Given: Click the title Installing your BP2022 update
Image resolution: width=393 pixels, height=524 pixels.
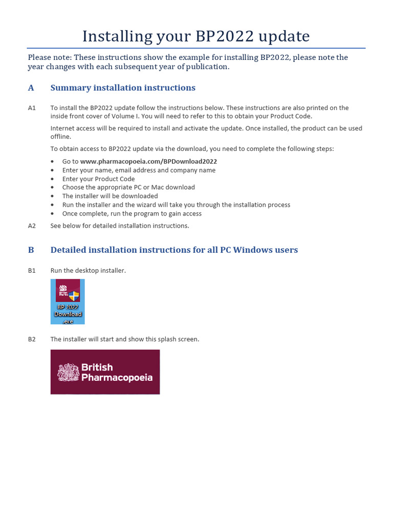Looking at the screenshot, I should [196, 36].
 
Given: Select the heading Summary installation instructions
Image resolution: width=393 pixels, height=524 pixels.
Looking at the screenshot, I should [123, 88].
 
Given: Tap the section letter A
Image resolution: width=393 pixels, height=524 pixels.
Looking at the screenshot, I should [31, 88].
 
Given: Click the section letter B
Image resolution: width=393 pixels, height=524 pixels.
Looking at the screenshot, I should [31, 250].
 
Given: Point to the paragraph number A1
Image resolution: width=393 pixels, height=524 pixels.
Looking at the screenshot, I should [32, 108].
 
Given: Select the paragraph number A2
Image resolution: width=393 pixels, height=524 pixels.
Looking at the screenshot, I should [32, 226].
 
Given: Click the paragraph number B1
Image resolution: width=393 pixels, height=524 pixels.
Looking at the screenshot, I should [32, 270].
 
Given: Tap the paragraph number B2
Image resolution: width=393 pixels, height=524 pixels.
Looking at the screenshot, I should [32, 339].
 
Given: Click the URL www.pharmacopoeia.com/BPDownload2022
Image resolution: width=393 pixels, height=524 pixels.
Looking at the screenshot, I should [145, 161].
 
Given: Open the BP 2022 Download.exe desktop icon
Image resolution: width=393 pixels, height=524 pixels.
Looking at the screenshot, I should [68, 301].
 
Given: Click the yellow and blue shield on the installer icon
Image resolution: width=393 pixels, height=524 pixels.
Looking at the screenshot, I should [75, 296].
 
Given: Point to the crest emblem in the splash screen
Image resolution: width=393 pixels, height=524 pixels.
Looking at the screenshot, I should [68, 372].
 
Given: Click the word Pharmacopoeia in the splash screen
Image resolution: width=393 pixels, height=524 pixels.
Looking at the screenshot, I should [117, 378].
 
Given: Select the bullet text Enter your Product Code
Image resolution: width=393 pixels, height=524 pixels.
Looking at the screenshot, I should [98, 179].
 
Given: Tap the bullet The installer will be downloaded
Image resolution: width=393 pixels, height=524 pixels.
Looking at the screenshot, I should [110, 196].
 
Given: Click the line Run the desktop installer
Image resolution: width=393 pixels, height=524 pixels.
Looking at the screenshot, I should [88, 270].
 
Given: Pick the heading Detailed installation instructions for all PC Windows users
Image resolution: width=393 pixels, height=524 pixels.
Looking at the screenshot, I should [174, 250].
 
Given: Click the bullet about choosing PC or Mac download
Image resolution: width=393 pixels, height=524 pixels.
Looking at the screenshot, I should [128, 187].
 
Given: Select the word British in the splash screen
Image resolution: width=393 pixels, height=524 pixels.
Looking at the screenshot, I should [97, 367].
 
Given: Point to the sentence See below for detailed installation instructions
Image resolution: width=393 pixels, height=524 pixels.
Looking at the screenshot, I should [119, 226].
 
